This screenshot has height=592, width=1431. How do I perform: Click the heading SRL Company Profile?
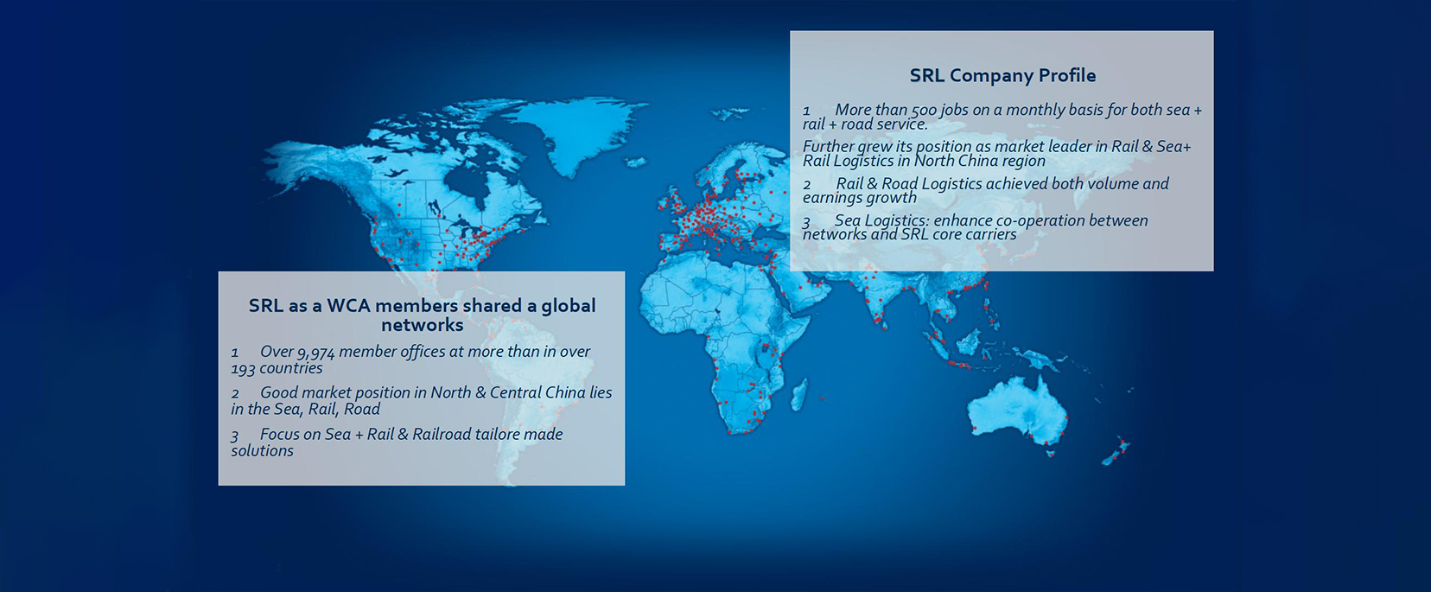pyautogui.click(x=1002, y=76)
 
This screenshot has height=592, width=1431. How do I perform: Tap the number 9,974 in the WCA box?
pyautogui.click(x=315, y=353)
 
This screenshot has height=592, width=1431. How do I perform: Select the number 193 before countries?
pyautogui.click(x=244, y=369)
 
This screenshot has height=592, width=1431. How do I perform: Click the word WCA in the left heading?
pyautogui.click(x=349, y=305)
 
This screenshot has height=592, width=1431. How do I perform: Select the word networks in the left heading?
pyautogui.click(x=423, y=325)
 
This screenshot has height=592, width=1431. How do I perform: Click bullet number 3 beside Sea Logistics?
pyautogui.click(x=807, y=222)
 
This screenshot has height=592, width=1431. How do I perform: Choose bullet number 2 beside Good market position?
pyautogui.click(x=235, y=394)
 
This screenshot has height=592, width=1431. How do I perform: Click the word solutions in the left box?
pyautogui.click(x=263, y=451)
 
